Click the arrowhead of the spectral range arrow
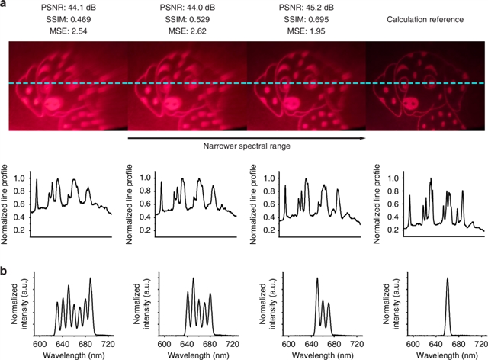pyautogui.click(x=358, y=138)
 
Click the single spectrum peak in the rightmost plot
pyautogui.click(x=447, y=279)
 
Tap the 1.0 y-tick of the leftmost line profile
pyautogui.click(x=24, y=178)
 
